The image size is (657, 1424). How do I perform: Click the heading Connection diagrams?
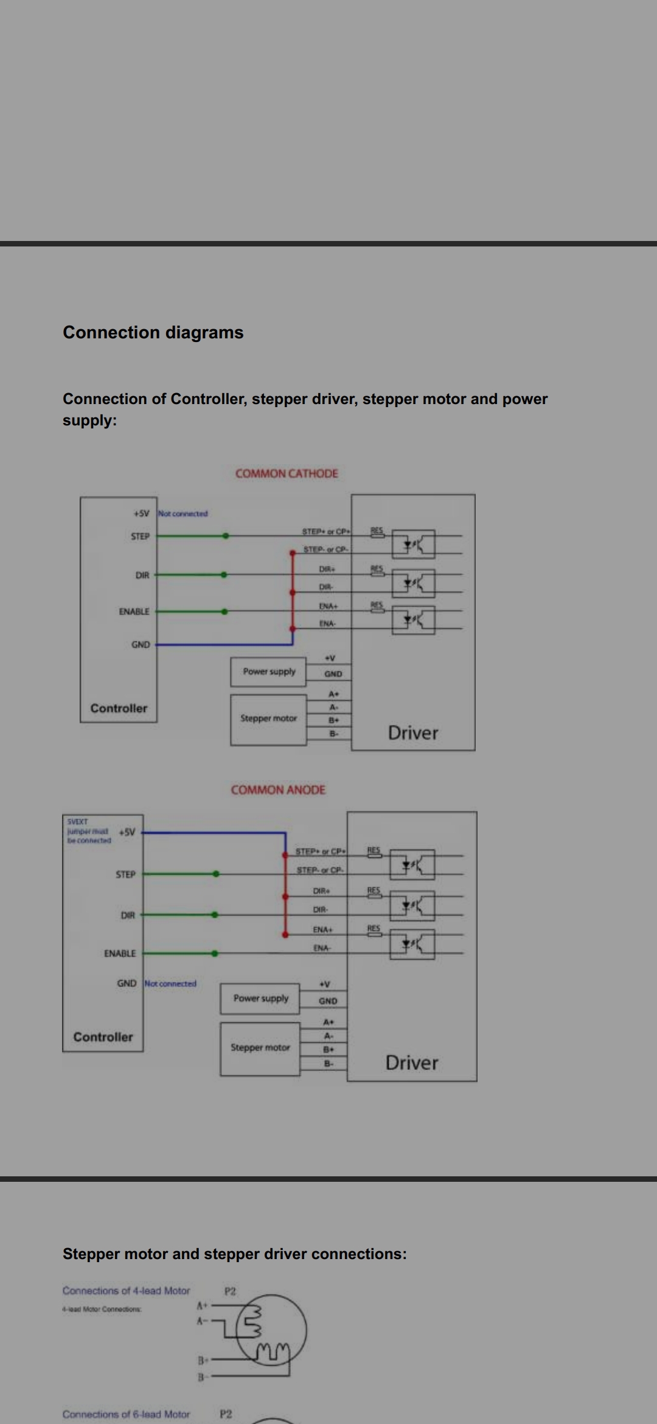click(x=153, y=332)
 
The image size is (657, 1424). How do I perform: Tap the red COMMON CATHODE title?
click(x=287, y=473)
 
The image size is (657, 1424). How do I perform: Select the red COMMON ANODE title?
click(x=278, y=790)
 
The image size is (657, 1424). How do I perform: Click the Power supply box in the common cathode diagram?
click(x=268, y=671)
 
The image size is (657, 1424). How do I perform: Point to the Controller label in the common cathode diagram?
click(x=119, y=708)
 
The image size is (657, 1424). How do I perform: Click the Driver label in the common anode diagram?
click(x=412, y=1063)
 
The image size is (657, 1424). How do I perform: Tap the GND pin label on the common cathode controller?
click(x=141, y=644)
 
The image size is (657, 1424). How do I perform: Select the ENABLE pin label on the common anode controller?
click(x=120, y=953)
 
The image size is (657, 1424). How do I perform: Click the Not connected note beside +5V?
click(x=183, y=514)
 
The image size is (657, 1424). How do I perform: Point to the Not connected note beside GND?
click(x=171, y=983)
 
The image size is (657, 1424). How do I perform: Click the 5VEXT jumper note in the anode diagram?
click(x=89, y=831)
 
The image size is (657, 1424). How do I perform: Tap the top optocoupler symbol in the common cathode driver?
click(x=414, y=544)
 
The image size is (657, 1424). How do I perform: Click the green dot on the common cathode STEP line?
click(x=226, y=536)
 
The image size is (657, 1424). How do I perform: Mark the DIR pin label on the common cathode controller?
click(x=142, y=575)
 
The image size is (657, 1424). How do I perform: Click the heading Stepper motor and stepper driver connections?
click(x=234, y=1254)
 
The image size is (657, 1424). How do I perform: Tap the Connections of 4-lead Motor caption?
click(x=126, y=1291)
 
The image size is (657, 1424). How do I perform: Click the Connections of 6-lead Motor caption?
click(x=126, y=1414)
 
